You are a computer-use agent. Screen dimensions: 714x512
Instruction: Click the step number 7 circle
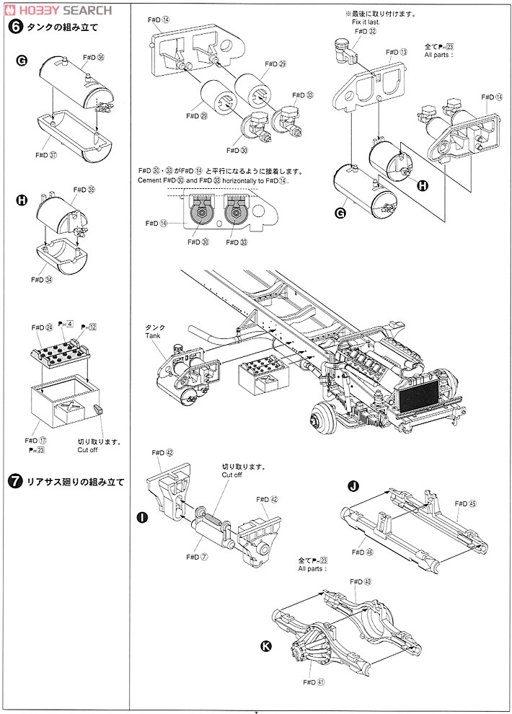tap(13, 482)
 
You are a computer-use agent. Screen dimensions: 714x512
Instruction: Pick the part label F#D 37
tap(46, 154)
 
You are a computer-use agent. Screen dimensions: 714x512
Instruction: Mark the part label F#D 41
tap(311, 682)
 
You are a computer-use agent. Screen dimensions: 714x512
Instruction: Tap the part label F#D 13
tap(397, 53)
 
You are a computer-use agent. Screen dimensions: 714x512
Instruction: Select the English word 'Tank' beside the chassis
tap(152, 334)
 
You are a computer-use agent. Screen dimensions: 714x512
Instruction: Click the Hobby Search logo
tap(58, 9)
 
